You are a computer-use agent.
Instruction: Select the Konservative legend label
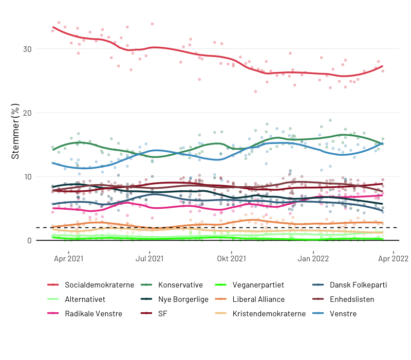click(x=180, y=285)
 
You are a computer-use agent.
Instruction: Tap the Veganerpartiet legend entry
click(x=258, y=285)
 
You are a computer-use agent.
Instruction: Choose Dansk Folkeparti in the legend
click(x=358, y=285)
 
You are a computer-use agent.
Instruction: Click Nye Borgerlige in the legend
click(x=183, y=299)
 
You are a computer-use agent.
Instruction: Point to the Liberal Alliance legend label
click(x=258, y=299)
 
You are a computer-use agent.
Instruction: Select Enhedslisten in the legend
click(x=352, y=299)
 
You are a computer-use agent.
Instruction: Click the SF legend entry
click(x=163, y=314)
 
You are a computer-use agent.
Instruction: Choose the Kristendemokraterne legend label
click(x=269, y=314)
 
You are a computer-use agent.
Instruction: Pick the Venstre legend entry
click(x=343, y=314)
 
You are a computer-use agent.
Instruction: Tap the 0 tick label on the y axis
click(x=29, y=240)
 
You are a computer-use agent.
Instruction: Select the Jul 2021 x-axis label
click(x=150, y=259)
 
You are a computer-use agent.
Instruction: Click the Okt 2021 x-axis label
click(x=232, y=259)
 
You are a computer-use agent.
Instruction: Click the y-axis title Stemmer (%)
click(x=15, y=131)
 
